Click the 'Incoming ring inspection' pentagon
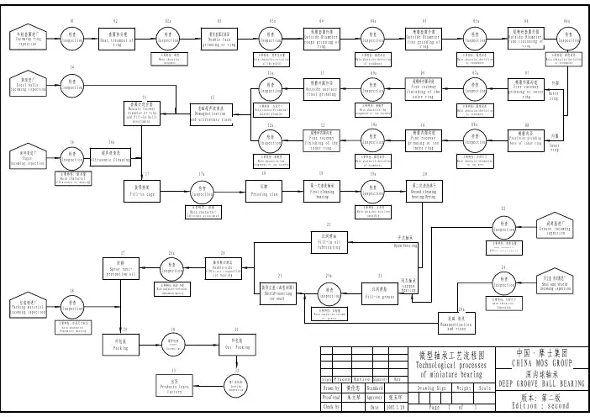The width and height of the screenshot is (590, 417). pyautogui.click(x=26, y=38)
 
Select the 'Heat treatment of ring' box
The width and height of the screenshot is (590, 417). pyautogui.click(x=118, y=39)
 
